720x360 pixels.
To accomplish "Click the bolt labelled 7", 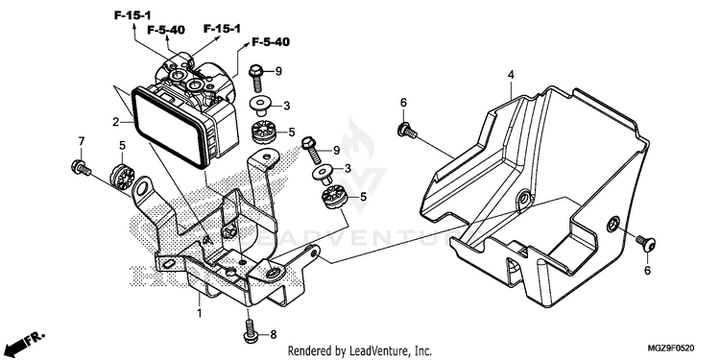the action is [x=81, y=168].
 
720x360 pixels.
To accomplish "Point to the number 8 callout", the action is [x=274, y=335].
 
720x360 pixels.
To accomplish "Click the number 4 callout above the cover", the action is [x=511, y=74].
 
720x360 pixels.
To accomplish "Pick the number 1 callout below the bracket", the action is [x=200, y=314].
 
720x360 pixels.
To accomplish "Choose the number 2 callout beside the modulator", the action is [x=116, y=122].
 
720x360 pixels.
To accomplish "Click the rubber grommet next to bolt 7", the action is [x=123, y=176].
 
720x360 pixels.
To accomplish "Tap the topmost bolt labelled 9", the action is [x=256, y=78].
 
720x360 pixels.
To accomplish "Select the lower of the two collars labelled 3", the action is [x=324, y=174].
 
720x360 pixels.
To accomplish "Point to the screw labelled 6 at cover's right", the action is [x=646, y=243].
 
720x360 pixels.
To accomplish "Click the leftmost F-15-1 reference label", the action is [x=132, y=15].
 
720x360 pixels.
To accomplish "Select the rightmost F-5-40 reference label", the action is [x=271, y=42].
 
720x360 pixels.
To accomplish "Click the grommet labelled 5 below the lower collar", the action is [x=334, y=199].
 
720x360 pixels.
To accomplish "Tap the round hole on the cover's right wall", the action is [x=612, y=225].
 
